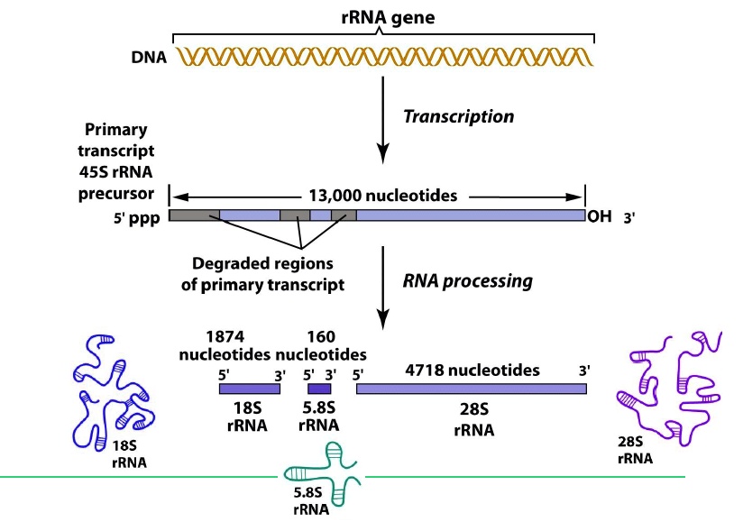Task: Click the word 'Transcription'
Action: point(458,116)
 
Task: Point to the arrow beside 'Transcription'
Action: point(385,116)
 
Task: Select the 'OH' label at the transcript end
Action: point(598,216)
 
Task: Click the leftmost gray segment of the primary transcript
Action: point(194,215)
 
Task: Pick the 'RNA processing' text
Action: point(467,280)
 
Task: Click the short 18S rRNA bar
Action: point(250,389)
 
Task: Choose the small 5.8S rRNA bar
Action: point(320,389)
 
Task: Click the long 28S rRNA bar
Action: point(471,389)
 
